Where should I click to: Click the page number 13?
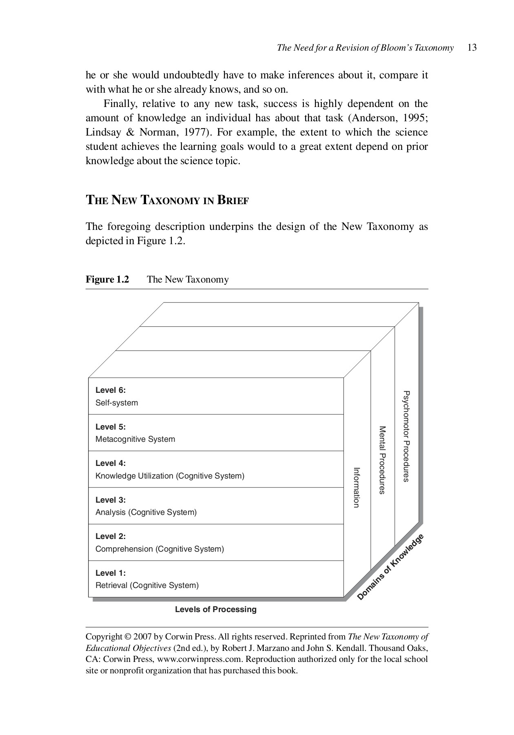(x=472, y=48)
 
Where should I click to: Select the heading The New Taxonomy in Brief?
(x=167, y=200)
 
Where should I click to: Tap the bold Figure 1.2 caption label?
(x=107, y=280)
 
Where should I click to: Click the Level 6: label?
(x=111, y=390)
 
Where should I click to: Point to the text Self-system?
(x=117, y=403)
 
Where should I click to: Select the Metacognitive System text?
(x=135, y=439)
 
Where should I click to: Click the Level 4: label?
(x=111, y=463)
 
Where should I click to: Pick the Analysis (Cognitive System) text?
(x=146, y=512)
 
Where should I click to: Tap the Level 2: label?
(x=111, y=536)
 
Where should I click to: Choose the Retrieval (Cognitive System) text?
(x=147, y=586)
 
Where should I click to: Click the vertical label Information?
(x=356, y=488)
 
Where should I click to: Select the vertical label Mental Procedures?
(x=382, y=460)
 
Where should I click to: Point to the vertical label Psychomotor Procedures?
(x=406, y=436)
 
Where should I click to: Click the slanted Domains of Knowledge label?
(x=390, y=567)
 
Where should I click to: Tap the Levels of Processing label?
(x=216, y=610)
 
